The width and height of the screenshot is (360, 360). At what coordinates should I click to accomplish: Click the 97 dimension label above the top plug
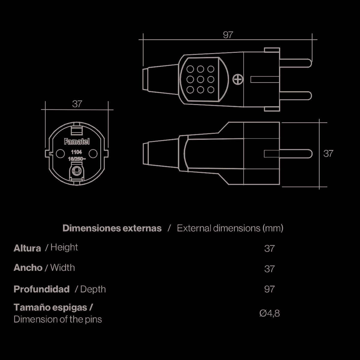click(228, 35)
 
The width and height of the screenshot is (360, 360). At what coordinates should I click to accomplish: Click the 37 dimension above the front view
click(77, 104)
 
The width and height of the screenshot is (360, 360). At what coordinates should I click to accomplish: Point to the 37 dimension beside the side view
click(328, 154)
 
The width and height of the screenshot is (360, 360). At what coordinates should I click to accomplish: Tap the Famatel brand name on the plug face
click(77, 142)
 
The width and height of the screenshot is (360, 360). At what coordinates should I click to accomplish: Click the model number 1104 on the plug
click(76, 152)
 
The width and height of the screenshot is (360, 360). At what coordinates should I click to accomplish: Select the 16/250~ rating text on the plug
click(77, 159)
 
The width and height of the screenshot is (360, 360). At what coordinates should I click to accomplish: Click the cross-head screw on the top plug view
click(238, 79)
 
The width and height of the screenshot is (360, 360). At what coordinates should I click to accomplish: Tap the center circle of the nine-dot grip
click(200, 79)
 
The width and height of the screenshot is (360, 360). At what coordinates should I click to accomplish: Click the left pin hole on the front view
click(60, 154)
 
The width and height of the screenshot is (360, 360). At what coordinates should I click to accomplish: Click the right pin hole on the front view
click(93, 154)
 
